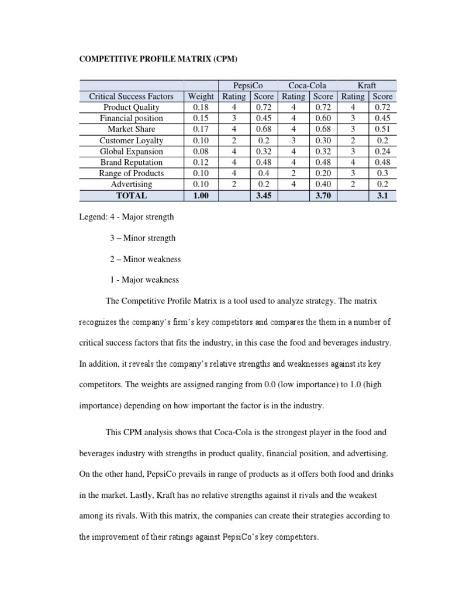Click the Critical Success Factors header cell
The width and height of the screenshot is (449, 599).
pos(131,97)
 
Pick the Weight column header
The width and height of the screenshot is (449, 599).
pos(200,97)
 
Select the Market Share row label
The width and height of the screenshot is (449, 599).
pos(131,129)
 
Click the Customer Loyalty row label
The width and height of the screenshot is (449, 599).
pos(131,140)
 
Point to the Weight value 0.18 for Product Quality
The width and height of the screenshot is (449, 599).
pos(200,108)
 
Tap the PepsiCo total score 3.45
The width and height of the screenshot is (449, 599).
pos(264,196)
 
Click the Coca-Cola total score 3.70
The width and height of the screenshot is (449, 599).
pos(323,196)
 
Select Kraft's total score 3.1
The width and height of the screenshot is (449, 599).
pos(383,196)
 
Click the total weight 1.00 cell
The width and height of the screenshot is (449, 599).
pos(200,196)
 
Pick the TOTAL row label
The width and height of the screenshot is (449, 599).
pos(131,196)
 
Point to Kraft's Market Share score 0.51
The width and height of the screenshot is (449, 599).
pos(383,129)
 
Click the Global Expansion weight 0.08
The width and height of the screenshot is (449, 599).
pos(200,152)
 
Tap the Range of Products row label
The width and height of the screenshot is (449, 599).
pos(131,173)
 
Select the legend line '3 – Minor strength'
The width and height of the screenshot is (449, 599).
pos(142,238)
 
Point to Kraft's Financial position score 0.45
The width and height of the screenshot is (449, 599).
pos(383,118)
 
